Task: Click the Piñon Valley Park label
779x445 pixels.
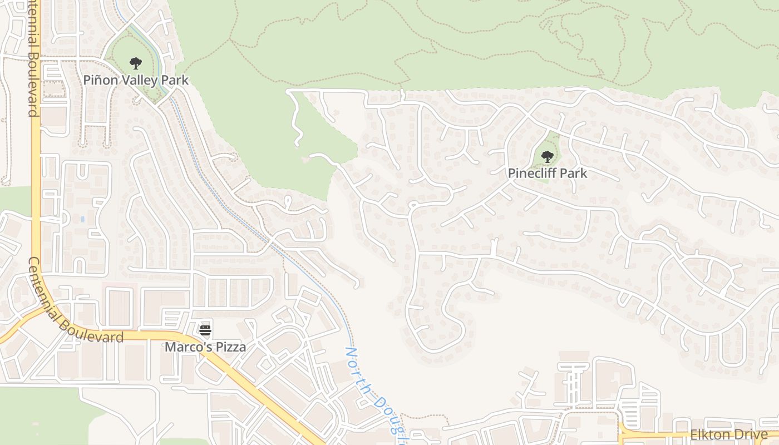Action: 136,80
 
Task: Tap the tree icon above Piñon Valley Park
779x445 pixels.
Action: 135,63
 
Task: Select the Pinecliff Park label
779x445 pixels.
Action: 547,174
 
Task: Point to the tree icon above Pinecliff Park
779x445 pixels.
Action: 548,157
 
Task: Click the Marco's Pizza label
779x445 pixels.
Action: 205,347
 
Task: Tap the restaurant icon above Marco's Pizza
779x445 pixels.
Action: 205,330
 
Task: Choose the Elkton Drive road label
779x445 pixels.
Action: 729,435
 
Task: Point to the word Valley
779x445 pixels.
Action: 139,80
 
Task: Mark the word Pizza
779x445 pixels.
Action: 230,347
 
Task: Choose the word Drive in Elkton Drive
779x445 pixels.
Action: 752,435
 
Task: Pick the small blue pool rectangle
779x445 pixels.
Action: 82,219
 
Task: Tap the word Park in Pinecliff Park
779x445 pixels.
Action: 573,174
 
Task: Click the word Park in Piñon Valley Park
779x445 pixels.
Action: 176,80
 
